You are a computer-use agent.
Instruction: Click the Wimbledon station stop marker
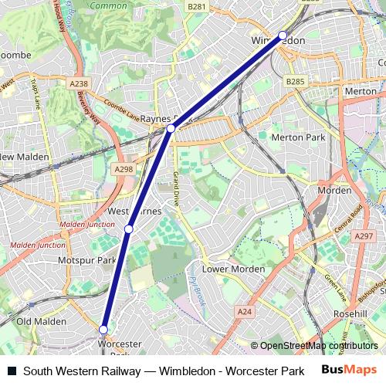(283, 35)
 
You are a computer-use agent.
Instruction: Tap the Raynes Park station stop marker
(171, 128)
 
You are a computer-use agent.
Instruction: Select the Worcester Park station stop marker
(103, 330)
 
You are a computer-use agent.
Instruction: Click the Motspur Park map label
(86, 261)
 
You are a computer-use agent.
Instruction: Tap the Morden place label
(334, 190)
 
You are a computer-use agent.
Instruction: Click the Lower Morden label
(233, 269)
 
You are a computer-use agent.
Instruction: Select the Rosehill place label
(350, 314)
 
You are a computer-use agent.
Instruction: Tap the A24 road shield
(245, 312)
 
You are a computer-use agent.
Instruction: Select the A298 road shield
(124, 169)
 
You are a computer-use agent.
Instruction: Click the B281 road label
(197, 7)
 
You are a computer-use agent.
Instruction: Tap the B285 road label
(295, 80)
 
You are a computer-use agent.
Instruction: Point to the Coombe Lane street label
(121, 111)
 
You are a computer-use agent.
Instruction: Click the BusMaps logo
(350, 371)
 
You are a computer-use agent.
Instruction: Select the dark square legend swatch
(12, 371)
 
